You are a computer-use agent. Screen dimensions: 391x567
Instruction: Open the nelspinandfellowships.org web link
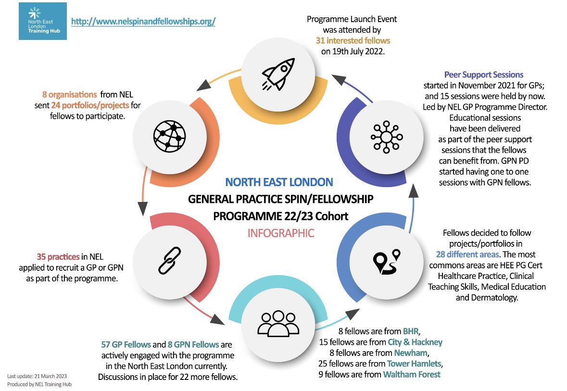[143, 22]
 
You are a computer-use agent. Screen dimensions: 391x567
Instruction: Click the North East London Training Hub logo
[43, 21]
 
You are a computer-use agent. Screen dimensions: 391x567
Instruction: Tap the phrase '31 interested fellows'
[353, 40]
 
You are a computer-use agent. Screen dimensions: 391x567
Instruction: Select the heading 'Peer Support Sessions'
[483, 75]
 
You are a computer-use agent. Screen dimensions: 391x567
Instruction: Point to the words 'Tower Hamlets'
[416, 363]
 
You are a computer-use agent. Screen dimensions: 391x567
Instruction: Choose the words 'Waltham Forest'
[412, 374]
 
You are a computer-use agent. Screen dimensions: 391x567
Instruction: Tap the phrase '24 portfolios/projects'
[89, 106]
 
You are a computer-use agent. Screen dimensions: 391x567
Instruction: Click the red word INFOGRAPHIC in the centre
[281, 234]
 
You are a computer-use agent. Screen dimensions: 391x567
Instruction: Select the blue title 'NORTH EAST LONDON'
[279, 182]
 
